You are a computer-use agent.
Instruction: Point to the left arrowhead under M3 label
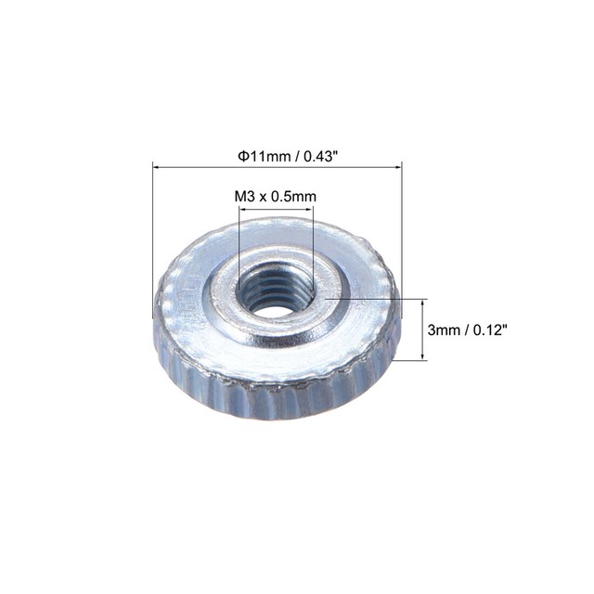(x=243, y=211)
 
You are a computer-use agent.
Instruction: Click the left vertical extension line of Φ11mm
(x=152, y=241)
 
